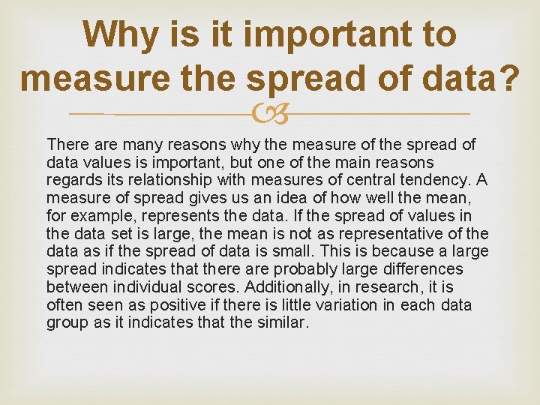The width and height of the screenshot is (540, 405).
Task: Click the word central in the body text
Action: click(x=374, y=179)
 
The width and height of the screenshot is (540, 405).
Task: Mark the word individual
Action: click(x=148, y=287)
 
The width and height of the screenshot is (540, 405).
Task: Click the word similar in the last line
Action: click(x=283, y=323)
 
